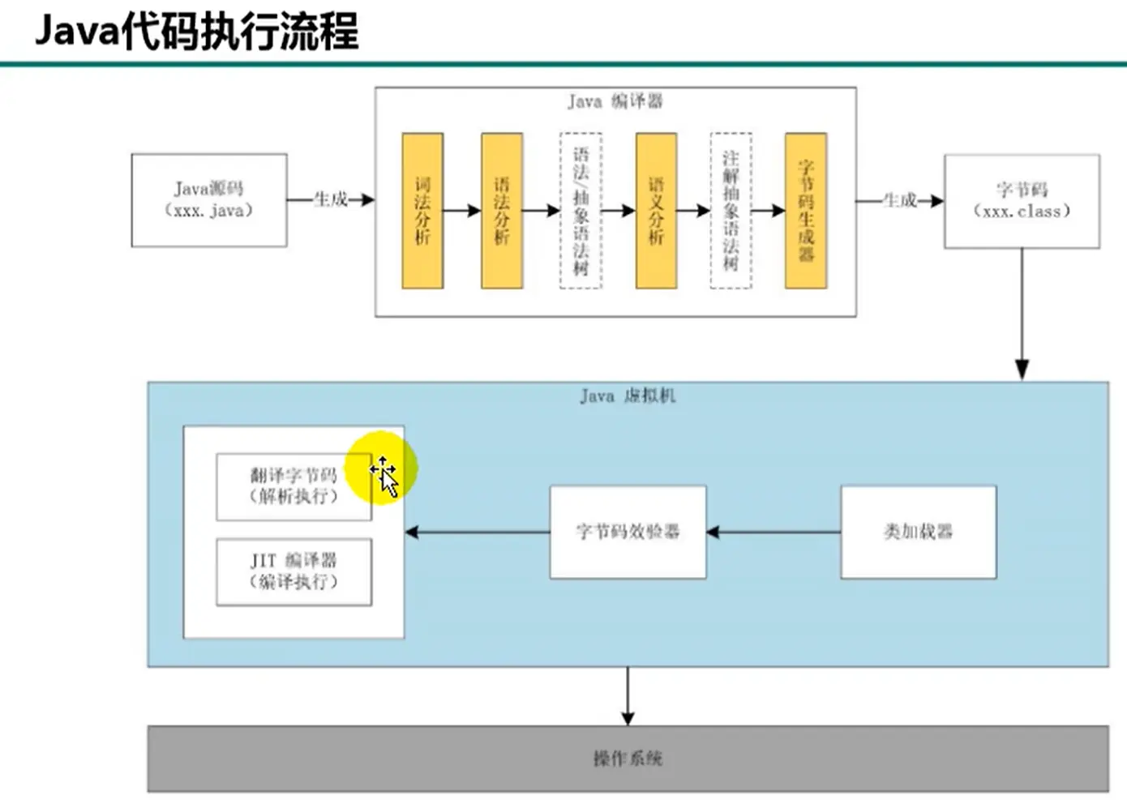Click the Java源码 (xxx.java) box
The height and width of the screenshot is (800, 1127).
(x=209, y=200)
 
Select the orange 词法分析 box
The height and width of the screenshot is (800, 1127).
(x=422, y=211)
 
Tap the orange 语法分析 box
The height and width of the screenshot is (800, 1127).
(x=502, y=211)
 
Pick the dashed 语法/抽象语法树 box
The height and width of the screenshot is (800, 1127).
(x=581, y=211)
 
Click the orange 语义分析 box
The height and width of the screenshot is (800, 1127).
(x=656, y=211)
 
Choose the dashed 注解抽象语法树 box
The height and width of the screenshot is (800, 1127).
(x=731, y=211)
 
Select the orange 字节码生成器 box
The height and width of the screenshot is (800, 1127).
(x=806, y=211)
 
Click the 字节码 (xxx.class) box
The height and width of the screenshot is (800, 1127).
(x=1022, y=201)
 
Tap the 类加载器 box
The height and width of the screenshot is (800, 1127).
(x=918, y=532)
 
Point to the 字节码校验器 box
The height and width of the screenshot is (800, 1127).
(x=628, y=532)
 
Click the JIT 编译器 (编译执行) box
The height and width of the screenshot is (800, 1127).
(x=294, y=571)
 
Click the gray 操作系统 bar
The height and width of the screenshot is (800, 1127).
(x=628, y=759)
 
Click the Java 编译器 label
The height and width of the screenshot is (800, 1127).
(x=615, y=101)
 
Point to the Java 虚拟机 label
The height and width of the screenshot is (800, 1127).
(x=628, y=396)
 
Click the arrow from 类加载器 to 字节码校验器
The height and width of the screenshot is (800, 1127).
(x=773, y=533)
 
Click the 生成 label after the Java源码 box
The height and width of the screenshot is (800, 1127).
(x=331, y=199)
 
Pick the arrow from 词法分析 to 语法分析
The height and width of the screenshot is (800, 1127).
(x=462, y=211)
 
